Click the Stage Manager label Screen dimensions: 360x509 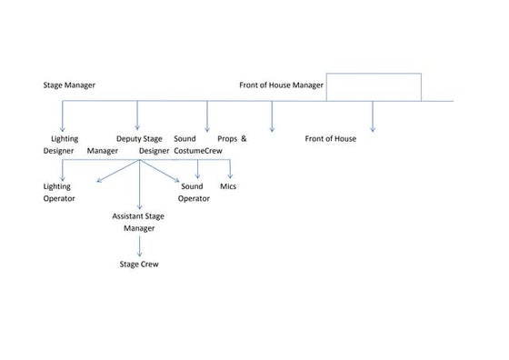pos(69,85)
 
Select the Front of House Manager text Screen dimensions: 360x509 pos(281,85)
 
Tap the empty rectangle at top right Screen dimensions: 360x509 pos(373,86)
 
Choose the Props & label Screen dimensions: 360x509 pos(232,139)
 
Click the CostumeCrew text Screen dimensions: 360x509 pos(198,151)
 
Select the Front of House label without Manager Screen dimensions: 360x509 pos(330,139)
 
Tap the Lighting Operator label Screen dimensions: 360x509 pos(59,192)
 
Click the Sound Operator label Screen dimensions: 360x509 pos(194,192)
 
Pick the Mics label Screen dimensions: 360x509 pos(229,185)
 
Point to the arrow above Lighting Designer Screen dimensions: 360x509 pos(62,115)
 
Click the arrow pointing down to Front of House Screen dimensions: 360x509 pos(373,115)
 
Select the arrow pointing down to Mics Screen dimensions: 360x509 pos(231,169)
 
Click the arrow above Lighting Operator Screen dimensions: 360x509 pos(62,170)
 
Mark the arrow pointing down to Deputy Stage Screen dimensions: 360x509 pos(137,115)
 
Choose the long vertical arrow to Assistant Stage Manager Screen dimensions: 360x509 pos(139,186)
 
